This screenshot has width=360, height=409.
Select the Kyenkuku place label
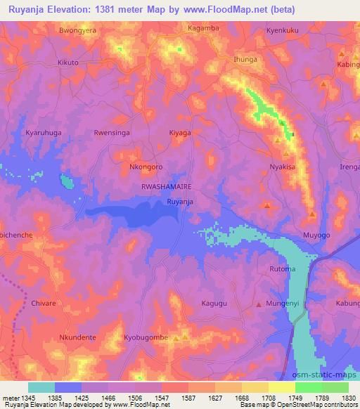[x=283, y=32]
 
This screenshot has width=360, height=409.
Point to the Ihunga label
[x=245, y=60]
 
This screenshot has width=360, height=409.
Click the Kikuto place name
[x=68, y=63]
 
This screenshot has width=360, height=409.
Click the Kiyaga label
[x=180, y=132]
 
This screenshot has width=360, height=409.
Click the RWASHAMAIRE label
[x=167, y=187]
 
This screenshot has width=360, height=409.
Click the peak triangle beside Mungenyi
[x=259, y=304]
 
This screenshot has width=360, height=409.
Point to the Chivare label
[x=44, y=304]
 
